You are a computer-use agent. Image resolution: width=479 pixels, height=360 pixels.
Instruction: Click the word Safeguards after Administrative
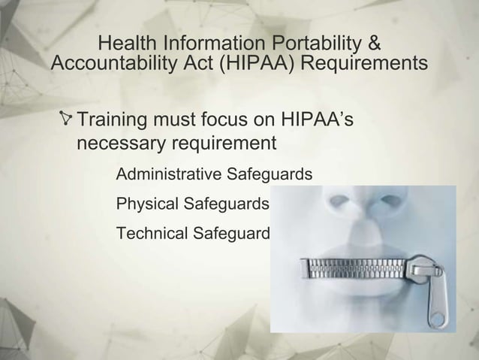264,175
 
